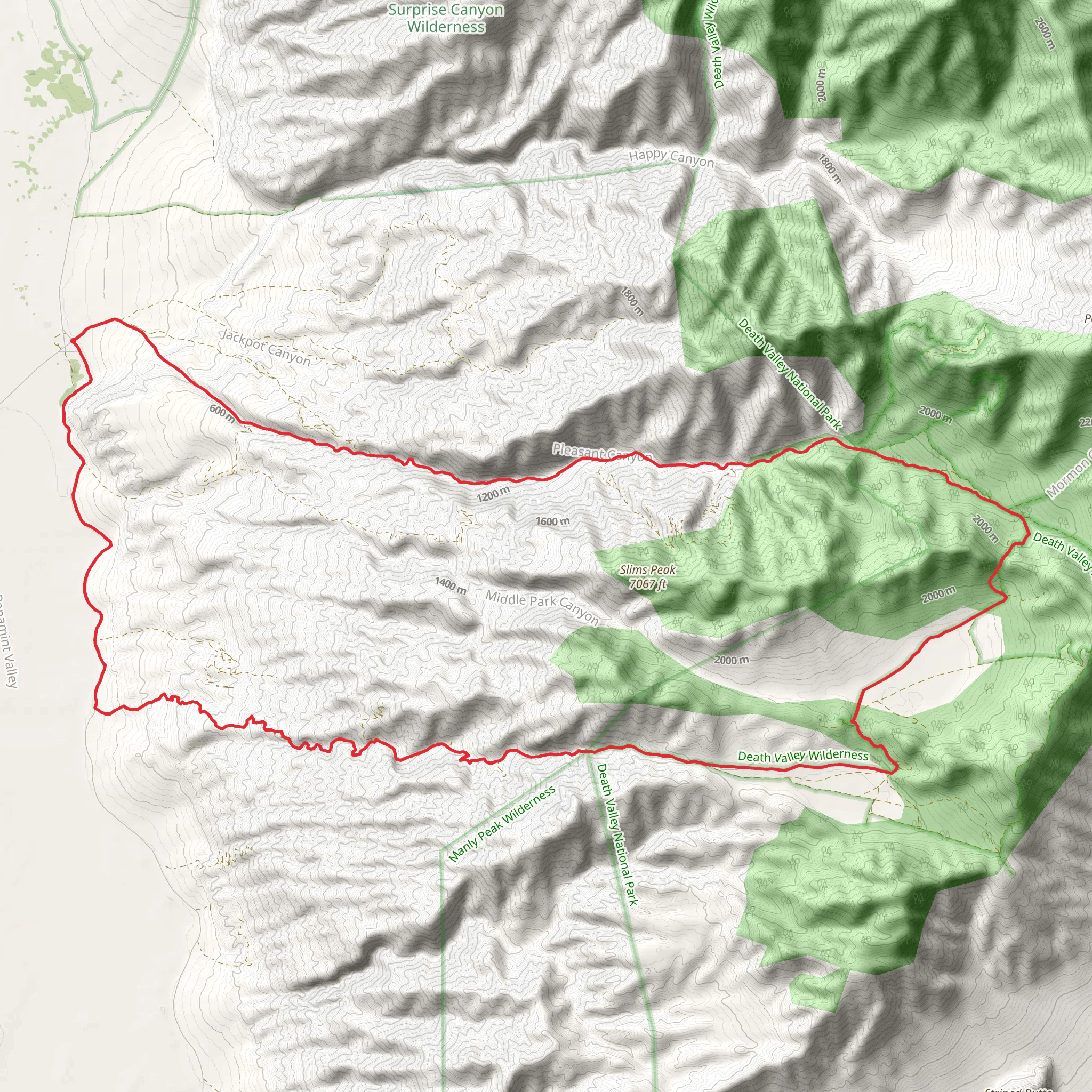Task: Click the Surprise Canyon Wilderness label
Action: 445,18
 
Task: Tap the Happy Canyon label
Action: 671,158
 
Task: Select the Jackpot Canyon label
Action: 266,347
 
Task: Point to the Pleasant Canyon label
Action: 602,452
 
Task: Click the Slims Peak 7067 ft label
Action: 648,576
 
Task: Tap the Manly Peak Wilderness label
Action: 502,825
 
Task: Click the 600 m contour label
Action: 222,413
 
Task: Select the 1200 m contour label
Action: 493,494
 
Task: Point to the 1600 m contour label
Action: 553,521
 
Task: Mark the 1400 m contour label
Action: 451,585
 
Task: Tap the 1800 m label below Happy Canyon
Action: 829,168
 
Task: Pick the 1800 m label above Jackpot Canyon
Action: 632,301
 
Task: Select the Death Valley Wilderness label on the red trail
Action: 802,756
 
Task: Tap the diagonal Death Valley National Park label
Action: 790,373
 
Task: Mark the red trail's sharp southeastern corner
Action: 896,769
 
